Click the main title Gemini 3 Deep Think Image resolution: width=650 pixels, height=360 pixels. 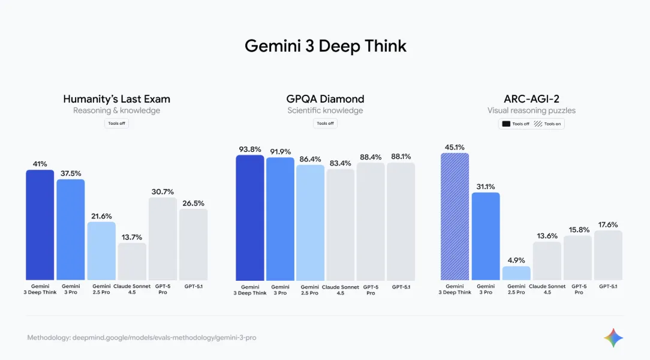pyautogui.click(x=325, y=46)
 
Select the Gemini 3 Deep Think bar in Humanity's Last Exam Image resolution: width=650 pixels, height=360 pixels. pyautogui.click(x=40, y=225)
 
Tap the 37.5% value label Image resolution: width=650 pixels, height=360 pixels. pyautogui.click(x=71, y=173)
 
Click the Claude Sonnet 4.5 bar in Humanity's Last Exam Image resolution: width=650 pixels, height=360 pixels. pyautogui.click(x=132, y=262)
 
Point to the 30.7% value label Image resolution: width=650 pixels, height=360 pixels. pyautogui.click(x=162, y=191)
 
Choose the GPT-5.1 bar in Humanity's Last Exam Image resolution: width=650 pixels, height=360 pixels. pyautogui.click(x=193, y=244)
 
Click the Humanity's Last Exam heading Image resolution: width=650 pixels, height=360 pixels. pyautogui.click(x=116, y=99)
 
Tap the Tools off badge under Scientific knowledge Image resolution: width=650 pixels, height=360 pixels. pyautogui.click(x=325, y=124)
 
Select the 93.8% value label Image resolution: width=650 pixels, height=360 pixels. pyautogui.click(x=249, y=149)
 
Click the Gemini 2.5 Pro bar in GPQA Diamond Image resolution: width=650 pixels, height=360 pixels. pyautogui.click(x=310, y=223)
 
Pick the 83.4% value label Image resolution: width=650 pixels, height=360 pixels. pyautogui.click(x=341, y=163)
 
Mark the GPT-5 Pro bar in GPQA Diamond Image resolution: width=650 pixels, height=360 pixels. pyautogui.click(x=371, y=221)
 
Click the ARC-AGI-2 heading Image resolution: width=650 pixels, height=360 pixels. pyautogui.click(x=531, y=99)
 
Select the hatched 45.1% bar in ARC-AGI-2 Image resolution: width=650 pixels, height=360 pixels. pyautogui.click(x=455, y=217)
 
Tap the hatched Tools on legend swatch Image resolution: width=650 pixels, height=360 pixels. pyautogui.click(x=538, y=124)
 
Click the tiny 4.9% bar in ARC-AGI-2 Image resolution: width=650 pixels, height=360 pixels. pyautogui.click(x=516, y=273)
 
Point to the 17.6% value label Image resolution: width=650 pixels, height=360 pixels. pyautogui.click(x=607, y=224)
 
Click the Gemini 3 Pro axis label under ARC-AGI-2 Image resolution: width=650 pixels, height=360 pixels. pyautogui.click(x=485, y=289)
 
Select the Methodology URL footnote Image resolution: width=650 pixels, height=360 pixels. pyautogui.click(x=142, y=338)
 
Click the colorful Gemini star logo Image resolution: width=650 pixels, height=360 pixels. pyautogui.click(x=613, y=338)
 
